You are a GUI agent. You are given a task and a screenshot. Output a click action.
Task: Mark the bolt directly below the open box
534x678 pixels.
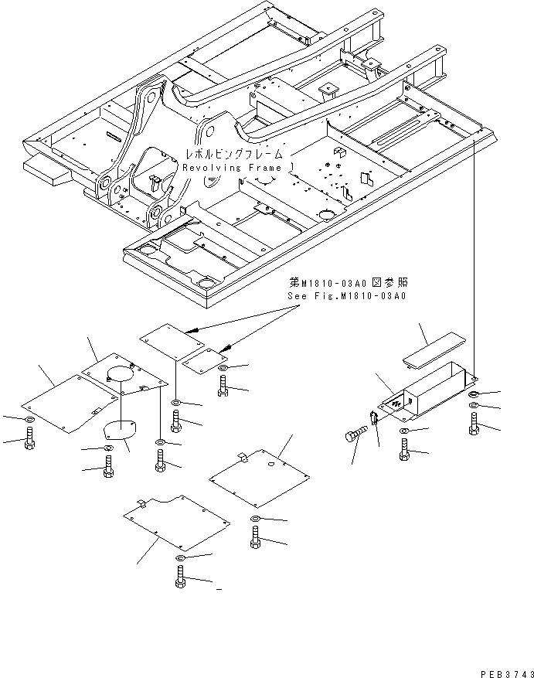click(x=405, y=448)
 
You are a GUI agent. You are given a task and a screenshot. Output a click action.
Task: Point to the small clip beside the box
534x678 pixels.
click(x=374, y=420)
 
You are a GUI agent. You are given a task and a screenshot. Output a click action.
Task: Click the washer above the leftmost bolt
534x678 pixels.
click(x=29, y=420)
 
